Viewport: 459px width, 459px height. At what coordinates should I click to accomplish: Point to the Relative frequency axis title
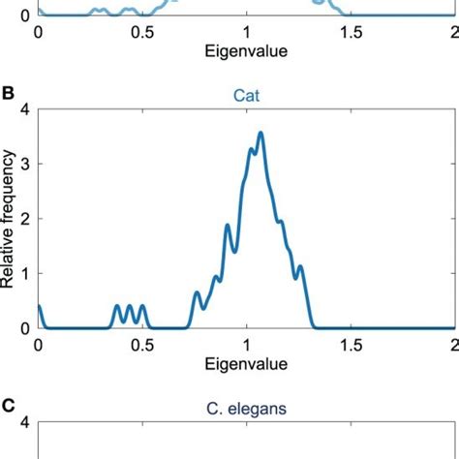[x=9, y=221]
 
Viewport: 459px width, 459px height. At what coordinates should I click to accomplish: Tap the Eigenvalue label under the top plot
[x=246, y=50]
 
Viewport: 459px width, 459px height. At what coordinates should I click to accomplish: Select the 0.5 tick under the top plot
[x=141, y=31]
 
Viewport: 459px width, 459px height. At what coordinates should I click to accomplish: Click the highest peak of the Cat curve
[x=260, y=134]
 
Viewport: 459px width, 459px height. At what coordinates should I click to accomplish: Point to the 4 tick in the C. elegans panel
[x=26, y=422]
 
